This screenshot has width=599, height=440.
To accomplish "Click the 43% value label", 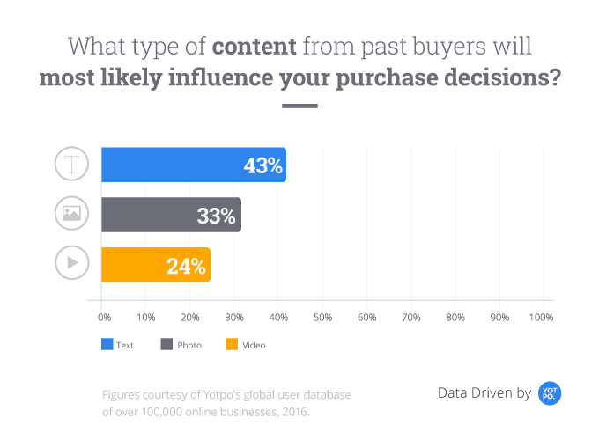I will [263, 165].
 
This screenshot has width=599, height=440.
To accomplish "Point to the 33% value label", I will [216, 216].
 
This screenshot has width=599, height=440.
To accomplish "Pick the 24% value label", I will [186, 265].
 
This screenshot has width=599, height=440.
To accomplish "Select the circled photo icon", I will [72, 213].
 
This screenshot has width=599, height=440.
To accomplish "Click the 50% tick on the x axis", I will [322, 317].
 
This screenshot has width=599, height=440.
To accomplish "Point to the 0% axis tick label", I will [104, 317].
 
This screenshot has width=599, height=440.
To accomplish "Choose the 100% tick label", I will [541, 317].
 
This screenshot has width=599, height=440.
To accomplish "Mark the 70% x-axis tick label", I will [410, 317].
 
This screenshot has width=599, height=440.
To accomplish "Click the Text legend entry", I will [122, 345].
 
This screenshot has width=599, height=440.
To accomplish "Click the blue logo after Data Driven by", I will [550, 393].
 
